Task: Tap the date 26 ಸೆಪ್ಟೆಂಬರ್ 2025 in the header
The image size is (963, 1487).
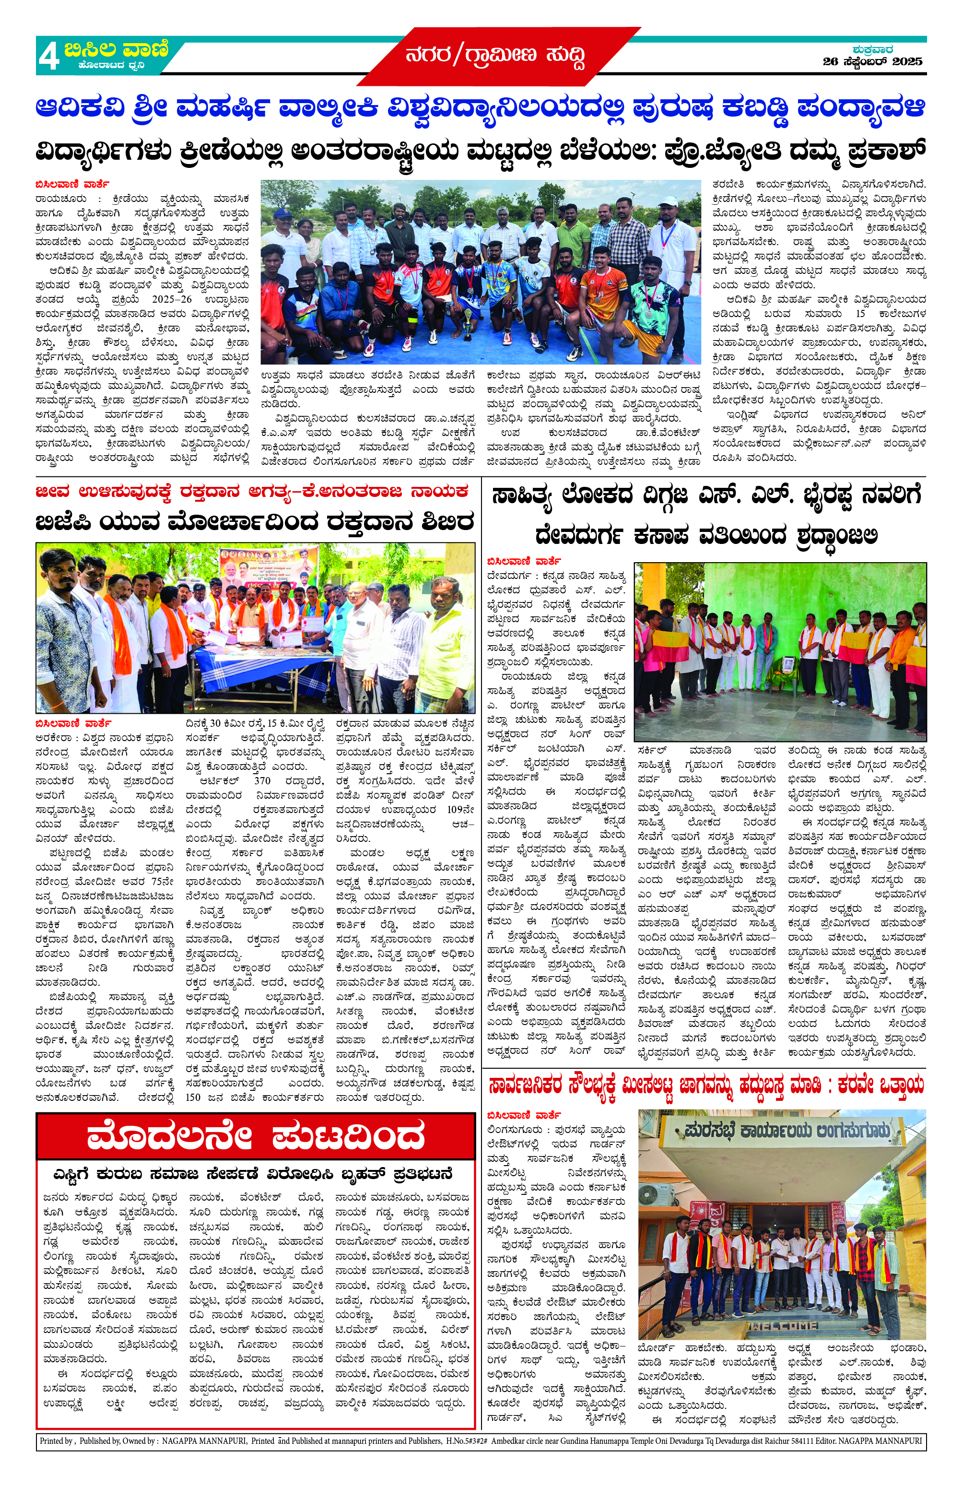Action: pyautogui.click(x=872, y=62)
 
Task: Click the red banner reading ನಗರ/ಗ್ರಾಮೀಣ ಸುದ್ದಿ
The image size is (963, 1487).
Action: pyautogui.click(x=496, y=56)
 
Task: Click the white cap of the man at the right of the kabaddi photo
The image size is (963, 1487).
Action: pyautogui.click(x=668, y=202)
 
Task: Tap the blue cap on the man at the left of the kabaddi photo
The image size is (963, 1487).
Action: pyautogui.click(x=282, y=213)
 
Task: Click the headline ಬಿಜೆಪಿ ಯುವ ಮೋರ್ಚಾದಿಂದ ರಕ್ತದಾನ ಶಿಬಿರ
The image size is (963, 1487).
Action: pyautogui.click(x=255, y=521)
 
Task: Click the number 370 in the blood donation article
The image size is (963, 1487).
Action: pyautogui.click(x=262, y=780)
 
